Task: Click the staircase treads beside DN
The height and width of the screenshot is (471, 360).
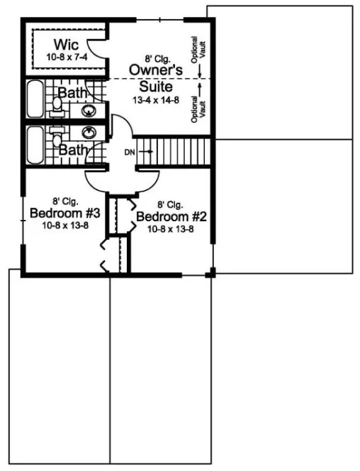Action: pos(174,150)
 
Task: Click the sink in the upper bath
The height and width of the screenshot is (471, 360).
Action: pos(90,111)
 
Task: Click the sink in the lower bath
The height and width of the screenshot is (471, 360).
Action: pos(90,133)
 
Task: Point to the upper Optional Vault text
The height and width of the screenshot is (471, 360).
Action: pos(201,51)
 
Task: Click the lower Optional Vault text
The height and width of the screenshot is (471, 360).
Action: pos(201,106)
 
